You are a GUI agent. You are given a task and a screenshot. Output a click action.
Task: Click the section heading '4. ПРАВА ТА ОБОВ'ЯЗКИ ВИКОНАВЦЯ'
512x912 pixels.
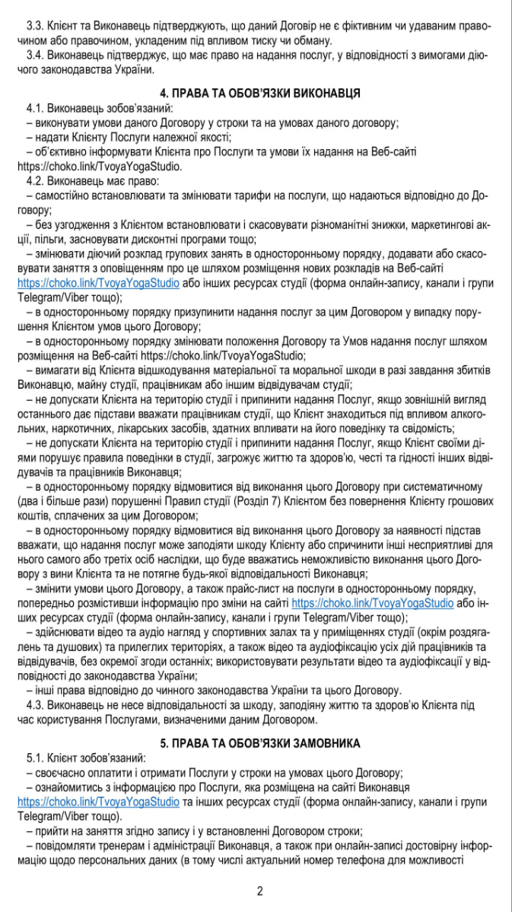(x=256, y=93)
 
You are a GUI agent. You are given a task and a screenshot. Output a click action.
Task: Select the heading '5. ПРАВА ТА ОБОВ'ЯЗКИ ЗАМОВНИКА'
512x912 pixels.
(x=256, y=742)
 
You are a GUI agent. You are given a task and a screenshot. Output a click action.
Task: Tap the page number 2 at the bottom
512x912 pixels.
(x=259, y=891)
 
